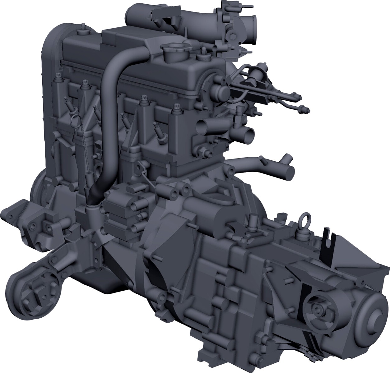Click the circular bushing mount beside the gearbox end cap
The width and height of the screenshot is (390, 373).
[x=318, y=310]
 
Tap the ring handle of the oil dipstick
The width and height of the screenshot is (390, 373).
[x=74, y=119]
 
